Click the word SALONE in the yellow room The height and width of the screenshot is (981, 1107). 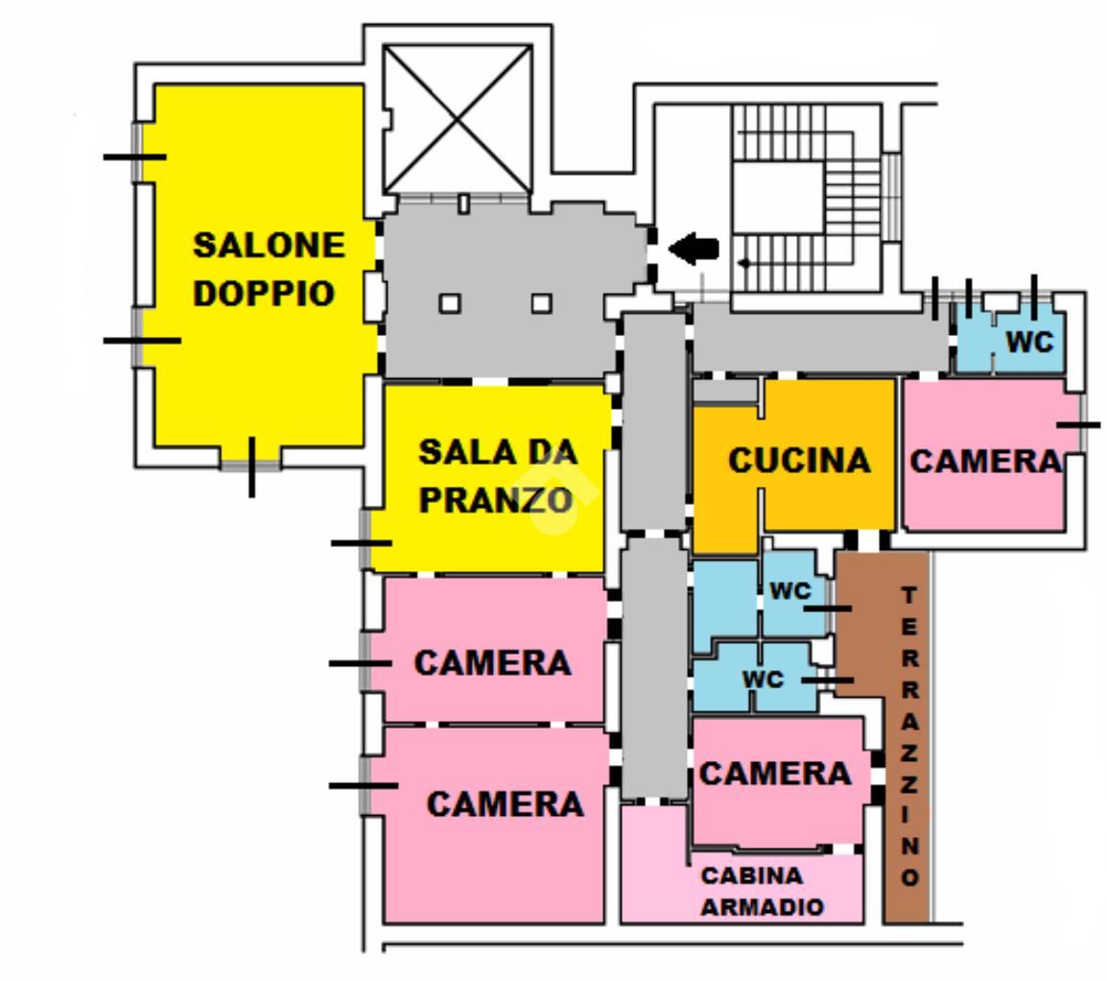click(x=269, y=245)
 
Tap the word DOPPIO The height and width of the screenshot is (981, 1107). click(x=264, y=293)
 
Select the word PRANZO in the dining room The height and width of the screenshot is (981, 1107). click(x=495, y=498)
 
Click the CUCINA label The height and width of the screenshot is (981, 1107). click(x=799, y=461)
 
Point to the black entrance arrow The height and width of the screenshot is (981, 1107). click(x=694, y=249)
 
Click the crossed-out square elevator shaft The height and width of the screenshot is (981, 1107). click(x=457, y=118)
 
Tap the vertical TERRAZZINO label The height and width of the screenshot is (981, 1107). click(x=909, y=735)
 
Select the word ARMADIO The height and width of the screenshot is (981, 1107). click(x=762, y=906)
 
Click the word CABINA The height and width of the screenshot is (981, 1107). click(x=752, y=875)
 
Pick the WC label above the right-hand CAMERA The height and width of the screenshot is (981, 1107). click(x=1029, y=342)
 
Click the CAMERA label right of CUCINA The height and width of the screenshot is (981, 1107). click(x=986, y=462)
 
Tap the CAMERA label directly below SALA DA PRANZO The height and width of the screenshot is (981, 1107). click(x=492, y=662)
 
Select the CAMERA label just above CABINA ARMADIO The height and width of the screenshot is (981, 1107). click(x=775, y=773)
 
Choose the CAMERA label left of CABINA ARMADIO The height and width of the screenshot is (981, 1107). click(x=505, y=803)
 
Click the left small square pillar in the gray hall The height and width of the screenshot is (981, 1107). click(x=449, y=303)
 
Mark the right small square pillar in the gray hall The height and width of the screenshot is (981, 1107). click(x=541, y=303)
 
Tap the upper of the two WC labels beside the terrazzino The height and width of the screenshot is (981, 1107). click(x=789, y=591)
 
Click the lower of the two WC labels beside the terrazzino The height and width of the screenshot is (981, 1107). click(x=763, y=680)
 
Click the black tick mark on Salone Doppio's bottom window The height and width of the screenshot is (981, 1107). click(x=251, y=467)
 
